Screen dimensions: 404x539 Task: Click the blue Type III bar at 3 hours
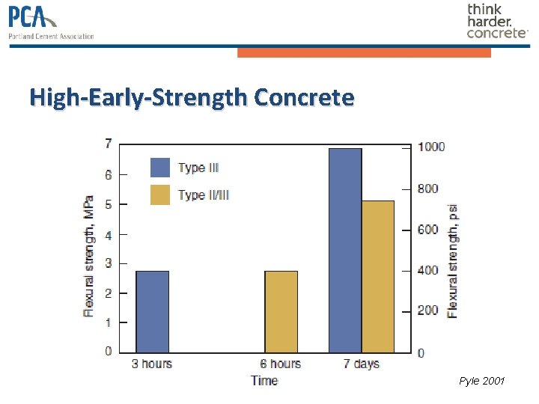coord(152,311)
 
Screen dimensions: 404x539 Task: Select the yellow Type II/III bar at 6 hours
coord(281,311)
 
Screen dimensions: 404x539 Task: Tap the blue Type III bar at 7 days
coord(345,251)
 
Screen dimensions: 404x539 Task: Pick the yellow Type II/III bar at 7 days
coord(377,277)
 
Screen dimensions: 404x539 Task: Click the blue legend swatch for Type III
coord(160,168)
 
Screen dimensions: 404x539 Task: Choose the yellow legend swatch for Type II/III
coord(160,195)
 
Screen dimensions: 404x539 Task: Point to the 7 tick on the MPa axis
coord(109,144)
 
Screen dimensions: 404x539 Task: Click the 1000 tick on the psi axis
coord(431,147)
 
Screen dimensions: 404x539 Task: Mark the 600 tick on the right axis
coord(428,230)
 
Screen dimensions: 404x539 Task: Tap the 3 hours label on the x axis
coord(152,364)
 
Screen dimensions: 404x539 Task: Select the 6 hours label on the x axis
coord(281,364)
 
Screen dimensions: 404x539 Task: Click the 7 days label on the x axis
coord(361,364)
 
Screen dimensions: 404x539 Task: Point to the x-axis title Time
coord(264,381)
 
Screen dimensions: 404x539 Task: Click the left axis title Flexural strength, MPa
coord(88,256)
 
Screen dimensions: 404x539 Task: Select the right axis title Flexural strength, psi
coord(453,260)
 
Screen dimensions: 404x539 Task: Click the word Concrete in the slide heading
coord(304,97)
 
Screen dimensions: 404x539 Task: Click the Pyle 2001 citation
coord(482,382)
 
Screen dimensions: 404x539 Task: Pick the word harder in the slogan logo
coord(490,21)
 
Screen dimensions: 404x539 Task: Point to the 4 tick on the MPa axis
coord(109,234)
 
